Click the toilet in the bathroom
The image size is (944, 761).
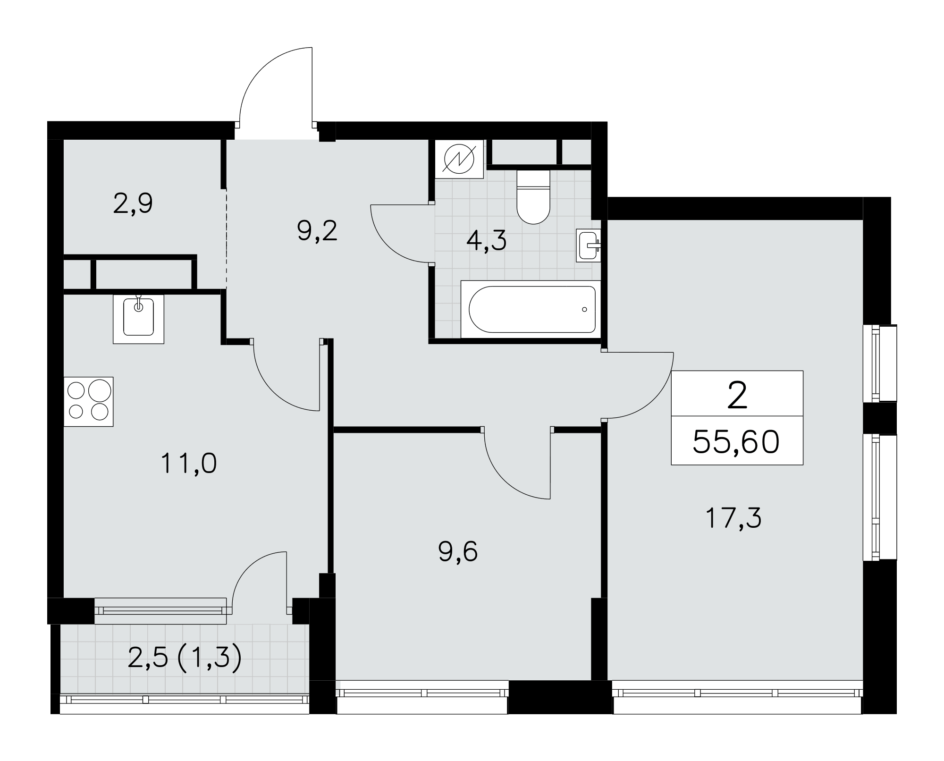click(533, 197)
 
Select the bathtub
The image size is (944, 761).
click(531, 309)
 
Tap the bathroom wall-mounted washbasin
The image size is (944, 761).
click(588, 245)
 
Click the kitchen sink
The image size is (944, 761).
click(138, 319)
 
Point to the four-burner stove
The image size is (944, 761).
click(88, 401)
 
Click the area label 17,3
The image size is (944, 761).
click(733, 518)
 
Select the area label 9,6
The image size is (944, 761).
click(458, 551)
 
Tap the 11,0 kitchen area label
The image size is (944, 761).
click(189, 463)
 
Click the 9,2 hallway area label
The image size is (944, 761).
click(317, 231)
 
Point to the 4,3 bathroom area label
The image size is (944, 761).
click(486, 241)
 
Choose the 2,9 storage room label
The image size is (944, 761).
click(133, 204)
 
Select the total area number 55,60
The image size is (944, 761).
click(736, 442)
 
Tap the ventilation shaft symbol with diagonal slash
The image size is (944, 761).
click(459, 159)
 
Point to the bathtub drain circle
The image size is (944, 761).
click(584, 310)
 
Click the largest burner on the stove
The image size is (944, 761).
click(100, 391)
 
